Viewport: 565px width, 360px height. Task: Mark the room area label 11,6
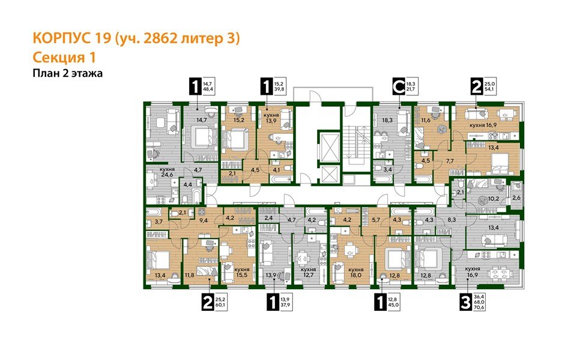tap(427, 121)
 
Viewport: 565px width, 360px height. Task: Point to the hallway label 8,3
tap(453, 221)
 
